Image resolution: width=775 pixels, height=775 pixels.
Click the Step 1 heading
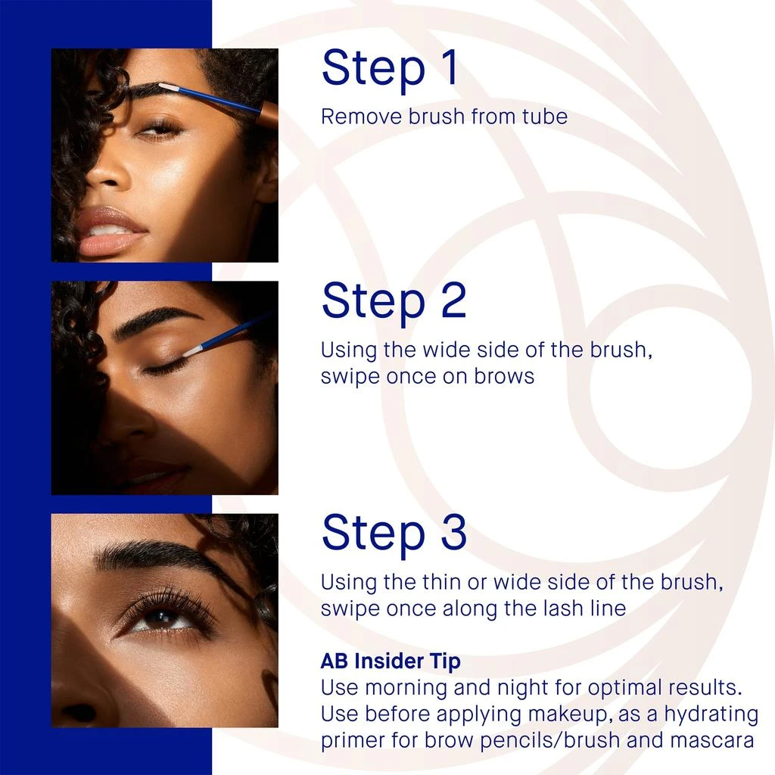pyautogui.click(x=390, y=68)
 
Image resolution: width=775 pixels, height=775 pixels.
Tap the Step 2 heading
pyautogui.click(x=394, y=300)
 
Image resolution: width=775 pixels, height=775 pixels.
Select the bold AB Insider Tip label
pyautogui.click(x=390, y=661)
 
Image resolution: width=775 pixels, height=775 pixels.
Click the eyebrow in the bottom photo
pyautogui.click(x=159, y=556)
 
